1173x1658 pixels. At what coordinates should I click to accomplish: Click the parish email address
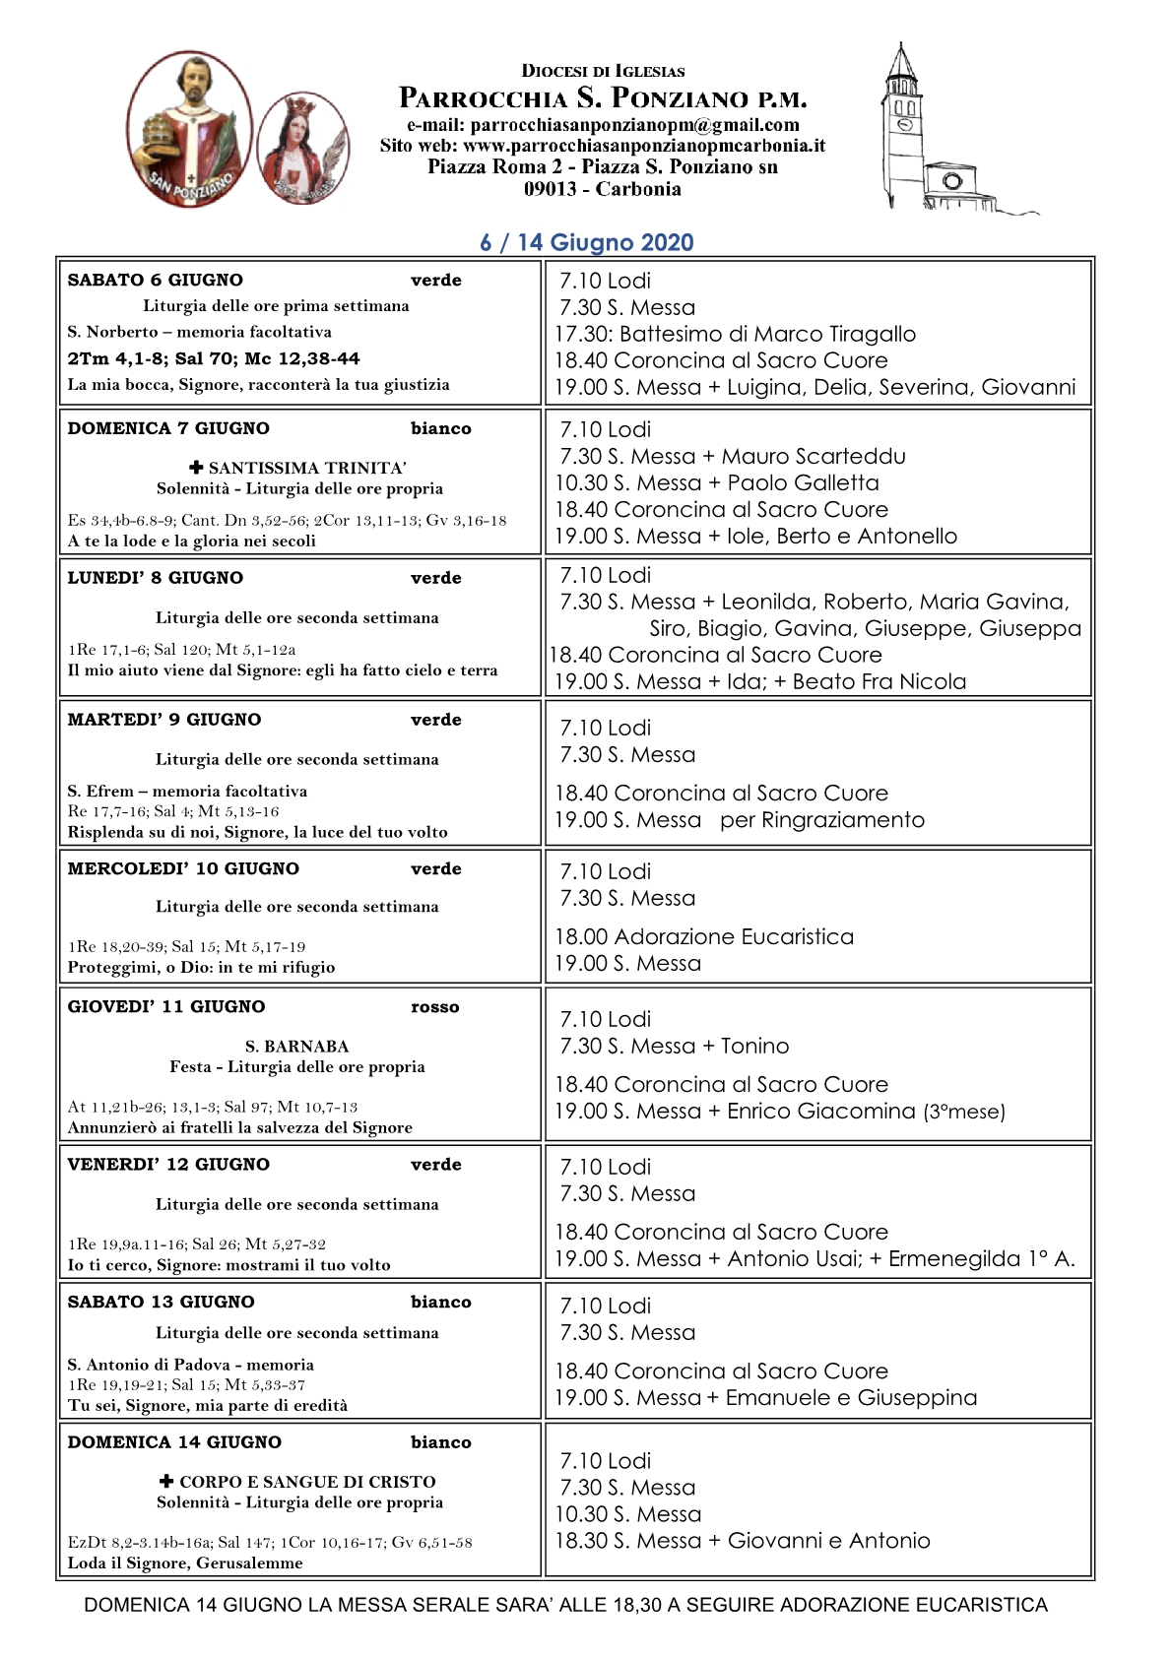click(603, 125)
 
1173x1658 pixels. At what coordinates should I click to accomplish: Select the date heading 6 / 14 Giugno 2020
click(587, 242)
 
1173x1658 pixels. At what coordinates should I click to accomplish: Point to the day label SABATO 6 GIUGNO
click(155, 280)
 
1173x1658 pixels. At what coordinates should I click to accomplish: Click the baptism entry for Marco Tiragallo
click(735, 334)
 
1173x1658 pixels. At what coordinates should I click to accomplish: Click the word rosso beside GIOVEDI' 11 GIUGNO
click(435, 1007)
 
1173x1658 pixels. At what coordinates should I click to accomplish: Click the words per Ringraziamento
click(822, 820)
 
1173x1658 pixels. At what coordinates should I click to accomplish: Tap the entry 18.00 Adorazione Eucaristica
click(704, 936)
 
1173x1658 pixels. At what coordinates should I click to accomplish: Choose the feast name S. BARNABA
click(296, 1046)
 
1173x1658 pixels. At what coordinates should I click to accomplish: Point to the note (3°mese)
click(964, 1112)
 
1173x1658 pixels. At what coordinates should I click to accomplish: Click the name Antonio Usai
click(794, 1258)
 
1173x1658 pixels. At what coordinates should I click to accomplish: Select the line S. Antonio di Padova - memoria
click(191, 1365)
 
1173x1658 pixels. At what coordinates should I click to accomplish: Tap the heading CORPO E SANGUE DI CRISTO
click(306, 1482)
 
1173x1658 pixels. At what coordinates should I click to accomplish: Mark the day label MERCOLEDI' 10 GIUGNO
click(183, 868)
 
